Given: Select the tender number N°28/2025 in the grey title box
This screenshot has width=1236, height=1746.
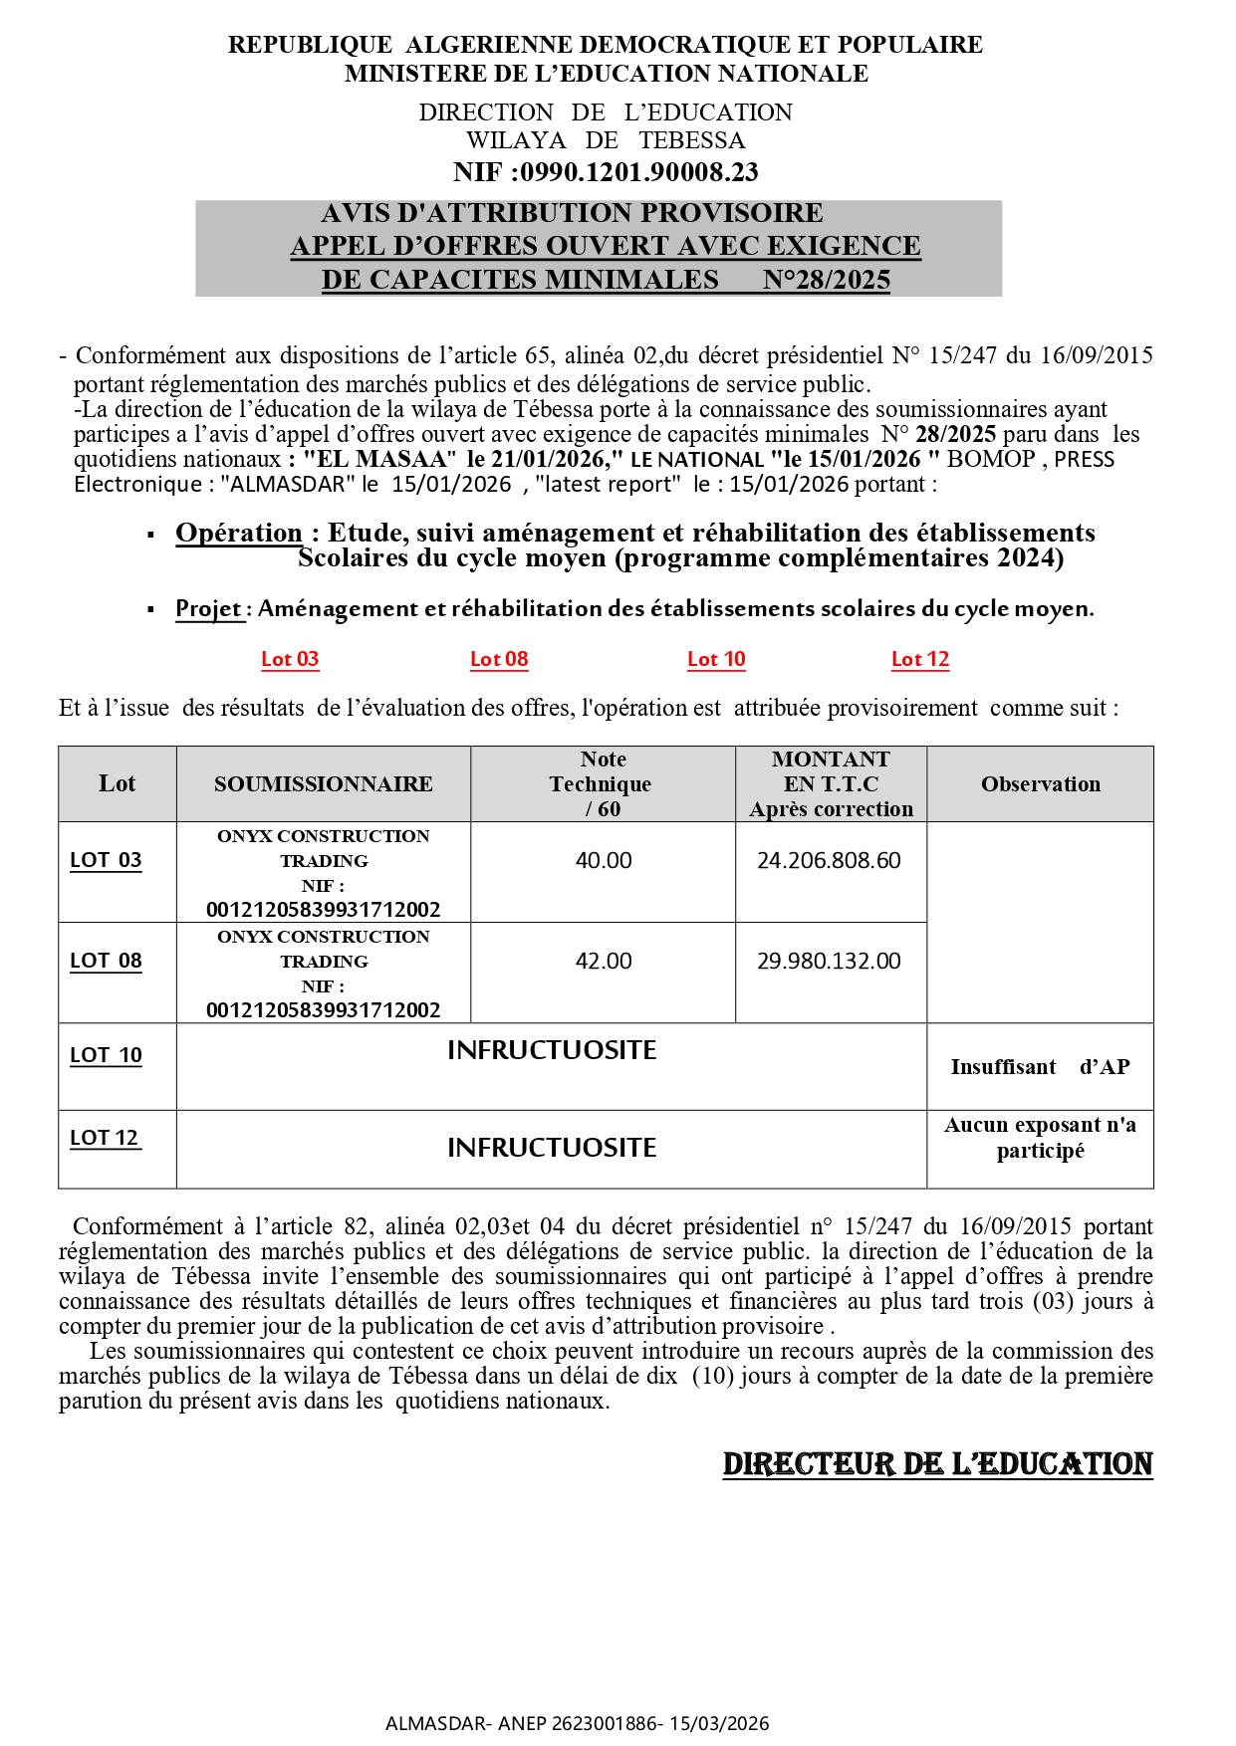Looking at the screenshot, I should (x=826, y=280).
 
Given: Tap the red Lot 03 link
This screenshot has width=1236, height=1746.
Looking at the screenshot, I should (x=290, y=659).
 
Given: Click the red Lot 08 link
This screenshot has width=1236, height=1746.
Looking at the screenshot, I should (x=499, y=659).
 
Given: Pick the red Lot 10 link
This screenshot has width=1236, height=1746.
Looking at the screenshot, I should (x=716, y=659).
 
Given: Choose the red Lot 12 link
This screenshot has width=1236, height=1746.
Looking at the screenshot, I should (x=920, y=659).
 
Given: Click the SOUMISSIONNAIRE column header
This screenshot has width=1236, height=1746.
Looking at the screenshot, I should (x=323, y=784).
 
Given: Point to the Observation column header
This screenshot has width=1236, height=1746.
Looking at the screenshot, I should (x=1040, y=784).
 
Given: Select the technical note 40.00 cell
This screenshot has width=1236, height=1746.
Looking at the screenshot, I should (x=604, y=860).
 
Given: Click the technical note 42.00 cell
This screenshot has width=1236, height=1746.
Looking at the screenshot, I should (x=604, y=961).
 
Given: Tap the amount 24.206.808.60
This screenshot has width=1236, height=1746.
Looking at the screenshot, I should (x=829, y=860).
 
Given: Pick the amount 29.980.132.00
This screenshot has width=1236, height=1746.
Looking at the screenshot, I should (x=829, y=961).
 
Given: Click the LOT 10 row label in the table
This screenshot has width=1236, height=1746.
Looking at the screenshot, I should (x=106, y=1055).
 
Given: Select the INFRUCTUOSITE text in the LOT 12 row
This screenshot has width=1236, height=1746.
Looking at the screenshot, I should (x=552, y=1148).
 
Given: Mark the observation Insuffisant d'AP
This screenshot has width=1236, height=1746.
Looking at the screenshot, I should (x=1040, y=1067).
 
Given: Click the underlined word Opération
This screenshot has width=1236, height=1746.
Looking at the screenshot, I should (x=238, y=534).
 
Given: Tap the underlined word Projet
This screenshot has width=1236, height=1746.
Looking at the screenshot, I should (x=208, y=608).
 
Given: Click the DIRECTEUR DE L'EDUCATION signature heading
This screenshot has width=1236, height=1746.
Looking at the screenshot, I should (x=937, y=1464).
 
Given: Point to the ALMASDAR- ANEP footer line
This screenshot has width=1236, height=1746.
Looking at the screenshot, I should (x=577, y=1723).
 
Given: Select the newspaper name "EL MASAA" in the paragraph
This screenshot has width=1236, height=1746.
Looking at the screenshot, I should (x=379, y=459).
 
